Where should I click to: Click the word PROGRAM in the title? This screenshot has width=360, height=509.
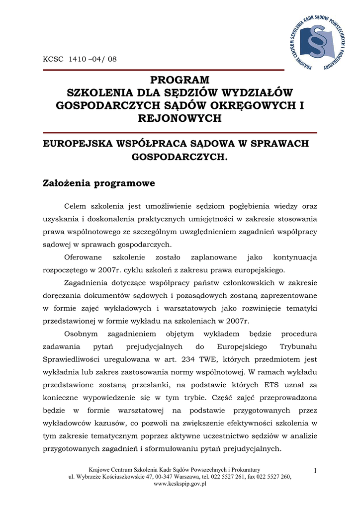coord(180,80)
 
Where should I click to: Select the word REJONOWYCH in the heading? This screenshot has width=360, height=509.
coord(180,118)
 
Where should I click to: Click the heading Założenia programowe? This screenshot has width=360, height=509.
coord(99,183)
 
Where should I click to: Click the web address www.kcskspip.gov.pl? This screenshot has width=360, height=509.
coord(180,484)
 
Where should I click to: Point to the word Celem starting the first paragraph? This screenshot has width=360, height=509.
coord(76,206)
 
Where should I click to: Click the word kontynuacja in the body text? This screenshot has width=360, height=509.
coord(295,257)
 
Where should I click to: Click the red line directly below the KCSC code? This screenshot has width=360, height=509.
coord(164,70)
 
